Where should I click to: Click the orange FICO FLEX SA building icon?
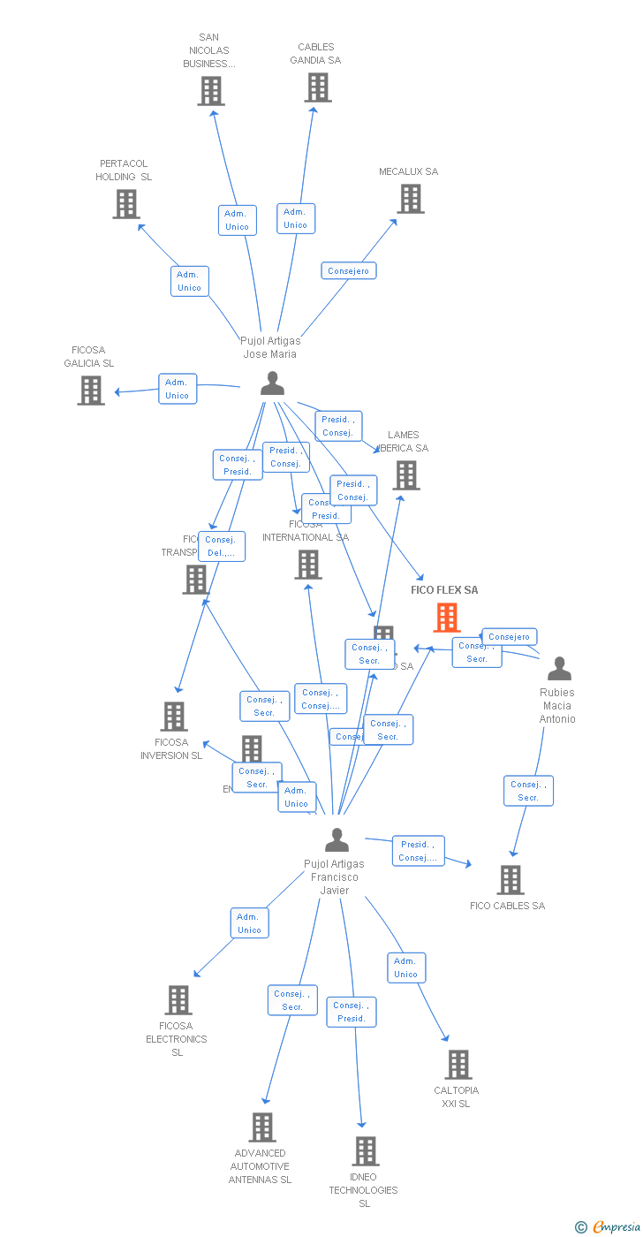[x=446, y=618]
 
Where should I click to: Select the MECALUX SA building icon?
[x=410, y=199]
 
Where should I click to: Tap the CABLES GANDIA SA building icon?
[x=318, y=87]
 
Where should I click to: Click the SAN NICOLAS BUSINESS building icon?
[x=211, y=91]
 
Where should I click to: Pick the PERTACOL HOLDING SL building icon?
[x=126, y=204]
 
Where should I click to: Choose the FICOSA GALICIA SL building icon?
[x=91, y=391]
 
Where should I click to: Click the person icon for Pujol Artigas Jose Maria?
[x=272, y=383]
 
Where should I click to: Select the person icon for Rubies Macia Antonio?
[x=559, y=669]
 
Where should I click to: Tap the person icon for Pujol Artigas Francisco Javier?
[x=337, y=839]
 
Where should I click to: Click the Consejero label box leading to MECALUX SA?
[x=349, y=270]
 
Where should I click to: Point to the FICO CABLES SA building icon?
[x=510, y=880]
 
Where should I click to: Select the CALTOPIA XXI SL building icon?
[x=458, y=1065]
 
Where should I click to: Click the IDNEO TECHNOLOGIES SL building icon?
[x=365, y=1151]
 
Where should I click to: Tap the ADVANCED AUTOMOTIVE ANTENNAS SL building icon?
[x=262, y=1127]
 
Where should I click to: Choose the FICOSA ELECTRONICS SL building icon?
[x=178, y=1000]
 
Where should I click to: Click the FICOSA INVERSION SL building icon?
[x=174, y=717]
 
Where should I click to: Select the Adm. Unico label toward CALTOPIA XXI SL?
[x=406, y=968]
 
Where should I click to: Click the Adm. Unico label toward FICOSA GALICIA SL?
[x=178, y=389]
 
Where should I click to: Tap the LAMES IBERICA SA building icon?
[x=405, y=475]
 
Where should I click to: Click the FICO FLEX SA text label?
[x=444, y=590]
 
